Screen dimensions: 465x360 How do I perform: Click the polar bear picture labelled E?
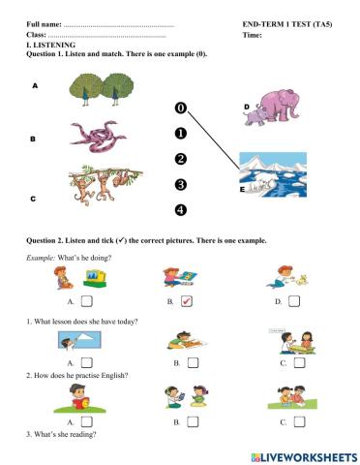pyautogui.click(x=273, y=173)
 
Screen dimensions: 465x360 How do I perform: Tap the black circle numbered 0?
pyautogui.click(x=180, y=108)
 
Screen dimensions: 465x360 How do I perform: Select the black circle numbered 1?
pyautogui.click(x=180, y=134)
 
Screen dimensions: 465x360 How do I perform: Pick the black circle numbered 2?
pyautogui.click(x=180, y=159)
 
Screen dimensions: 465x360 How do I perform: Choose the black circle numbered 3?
pyautogui.click(x=180, y=184)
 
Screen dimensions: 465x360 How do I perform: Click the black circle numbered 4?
pyautogui.click(x=180, y=209)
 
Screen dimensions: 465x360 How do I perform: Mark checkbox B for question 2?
pyautogui.click(x=192, y=422)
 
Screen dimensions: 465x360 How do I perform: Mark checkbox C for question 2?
pyautogui.click(x=297, y=422)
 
